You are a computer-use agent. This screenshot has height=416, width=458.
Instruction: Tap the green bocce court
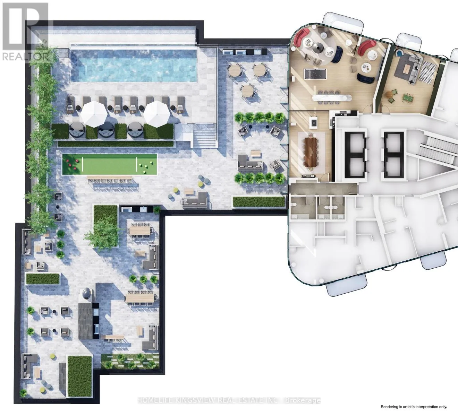[110, 164]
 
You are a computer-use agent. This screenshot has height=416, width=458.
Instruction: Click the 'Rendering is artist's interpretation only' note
[414, 406]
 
